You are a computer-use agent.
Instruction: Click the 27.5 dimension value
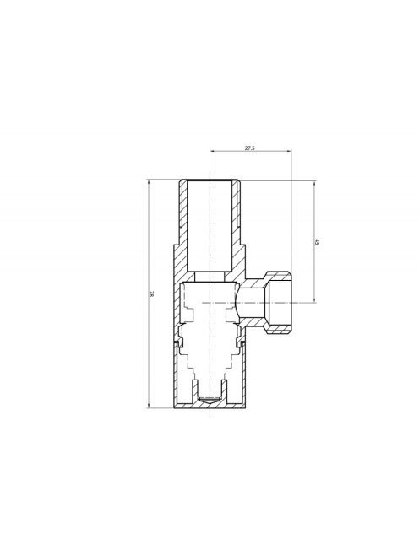point(250,148)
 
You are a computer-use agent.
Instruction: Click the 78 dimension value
point(151,294)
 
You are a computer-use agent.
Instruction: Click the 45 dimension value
point(317,242)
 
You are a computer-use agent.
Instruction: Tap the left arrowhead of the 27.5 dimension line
point(212,152)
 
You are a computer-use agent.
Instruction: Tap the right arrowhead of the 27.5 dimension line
point(289,152)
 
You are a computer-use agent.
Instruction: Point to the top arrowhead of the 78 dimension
point(149,182)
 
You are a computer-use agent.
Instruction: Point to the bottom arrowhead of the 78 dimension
point(149,406)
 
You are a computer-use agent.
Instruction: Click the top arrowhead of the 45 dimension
point(314,184)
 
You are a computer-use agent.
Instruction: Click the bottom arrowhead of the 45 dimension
point(314,299)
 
